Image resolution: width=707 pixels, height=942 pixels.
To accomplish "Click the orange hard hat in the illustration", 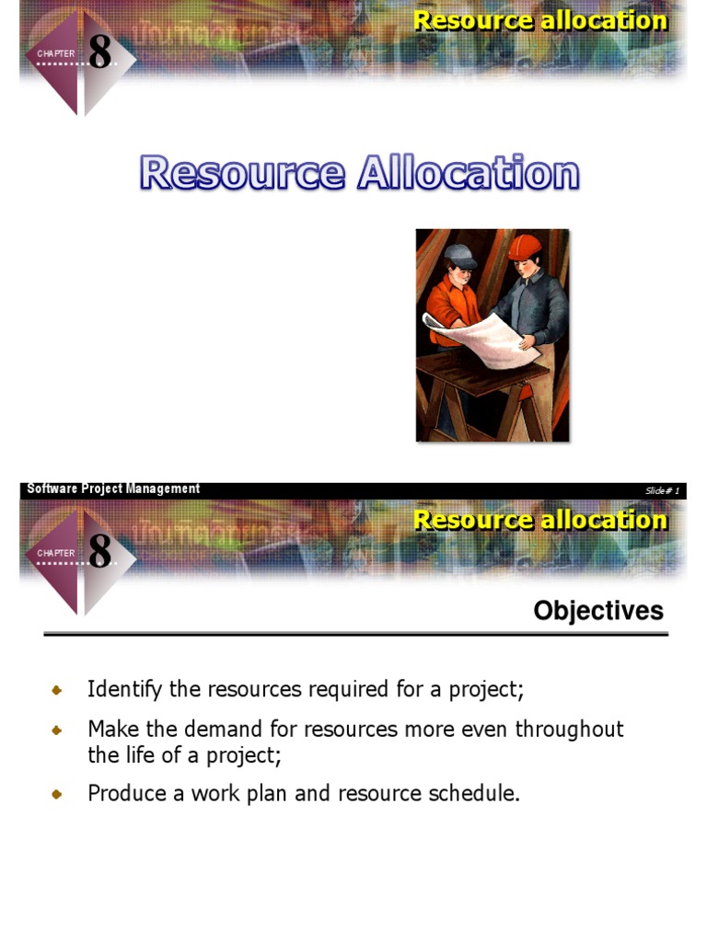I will [x=524, y=247].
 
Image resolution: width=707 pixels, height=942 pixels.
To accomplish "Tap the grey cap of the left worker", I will [x=461, y=257].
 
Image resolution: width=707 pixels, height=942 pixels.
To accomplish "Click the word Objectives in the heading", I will [x=598, y=611].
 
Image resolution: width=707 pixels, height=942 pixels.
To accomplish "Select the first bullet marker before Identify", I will [x=57, y=690].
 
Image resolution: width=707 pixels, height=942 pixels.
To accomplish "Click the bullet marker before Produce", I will [x=57, y=794].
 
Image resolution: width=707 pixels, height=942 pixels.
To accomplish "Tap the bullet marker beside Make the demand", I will [x=57, y=730].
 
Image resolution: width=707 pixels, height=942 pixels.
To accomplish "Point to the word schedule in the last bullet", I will [x=481, y=793].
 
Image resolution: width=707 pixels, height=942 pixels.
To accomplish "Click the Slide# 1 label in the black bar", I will [x=662, y=490].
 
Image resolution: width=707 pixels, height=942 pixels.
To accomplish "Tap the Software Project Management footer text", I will [x=113, y=489].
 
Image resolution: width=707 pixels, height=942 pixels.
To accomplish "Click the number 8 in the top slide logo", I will [x=99, y=52].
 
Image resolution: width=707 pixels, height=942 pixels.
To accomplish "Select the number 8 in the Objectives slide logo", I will [x=99, y=551].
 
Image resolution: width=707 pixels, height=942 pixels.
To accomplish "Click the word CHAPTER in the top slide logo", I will [x=56, y=54].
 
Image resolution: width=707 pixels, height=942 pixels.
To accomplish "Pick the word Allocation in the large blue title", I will [x=468, y=174].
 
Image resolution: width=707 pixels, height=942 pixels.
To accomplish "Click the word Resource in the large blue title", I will [x=242, y=174].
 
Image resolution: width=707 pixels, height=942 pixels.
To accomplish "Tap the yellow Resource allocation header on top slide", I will [x=540, y=20].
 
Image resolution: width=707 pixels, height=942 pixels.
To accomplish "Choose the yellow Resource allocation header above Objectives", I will [x=540, y=520].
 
